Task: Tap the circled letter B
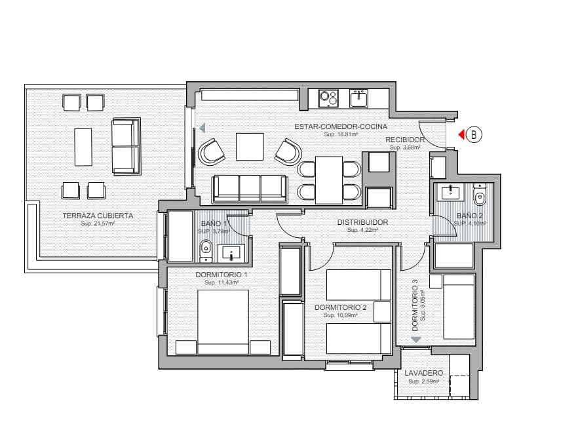474,134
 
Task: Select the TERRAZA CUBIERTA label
98,216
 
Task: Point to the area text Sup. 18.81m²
340,134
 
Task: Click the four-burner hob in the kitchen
328,98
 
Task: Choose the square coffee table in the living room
249,147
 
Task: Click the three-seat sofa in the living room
249,189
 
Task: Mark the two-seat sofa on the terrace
126,147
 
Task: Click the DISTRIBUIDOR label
362,222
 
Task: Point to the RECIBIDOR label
405,140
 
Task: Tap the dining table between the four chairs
328,180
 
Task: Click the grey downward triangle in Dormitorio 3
415,339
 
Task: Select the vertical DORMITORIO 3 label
415,301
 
